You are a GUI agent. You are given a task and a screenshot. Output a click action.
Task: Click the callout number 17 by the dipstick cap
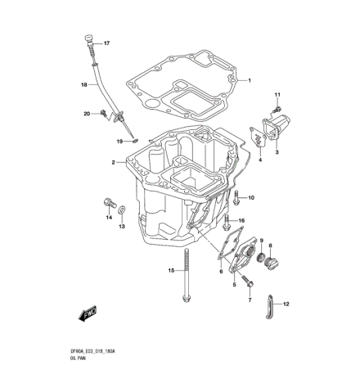107,42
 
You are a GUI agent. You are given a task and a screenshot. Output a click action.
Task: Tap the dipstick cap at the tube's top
88,38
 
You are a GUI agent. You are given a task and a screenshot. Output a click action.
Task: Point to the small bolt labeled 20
105,114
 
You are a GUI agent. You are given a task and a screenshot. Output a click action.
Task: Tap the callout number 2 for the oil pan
112,162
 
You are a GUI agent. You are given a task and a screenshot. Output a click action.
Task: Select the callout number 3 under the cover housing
277,151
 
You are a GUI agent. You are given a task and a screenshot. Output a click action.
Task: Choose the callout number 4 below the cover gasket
259,160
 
